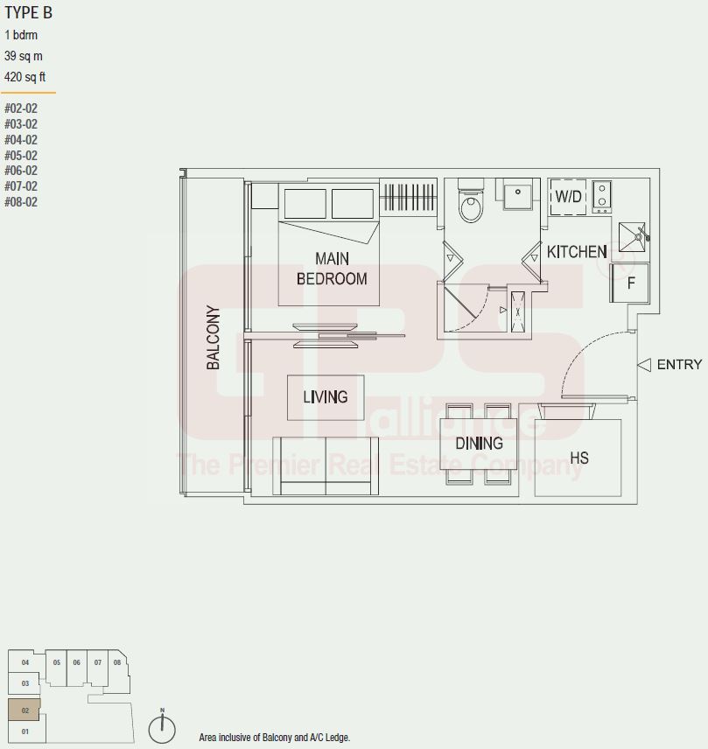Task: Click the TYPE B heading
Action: [28, 13]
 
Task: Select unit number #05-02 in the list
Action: [21, 155]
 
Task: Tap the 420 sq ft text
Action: [25, 76]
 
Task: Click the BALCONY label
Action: [213, 337]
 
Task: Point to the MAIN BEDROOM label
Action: [332, 269]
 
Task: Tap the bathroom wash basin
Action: [517, 193]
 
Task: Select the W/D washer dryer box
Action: [568, 196]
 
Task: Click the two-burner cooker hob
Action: [602, 196]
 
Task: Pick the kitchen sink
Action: [632, 237]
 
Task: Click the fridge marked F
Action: [630, 283]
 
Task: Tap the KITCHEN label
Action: [577, 252]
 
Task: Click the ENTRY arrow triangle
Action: [644, 365]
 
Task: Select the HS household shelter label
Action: [579, 458]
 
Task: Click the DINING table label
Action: [480, 444]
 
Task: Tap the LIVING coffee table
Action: [326, 397]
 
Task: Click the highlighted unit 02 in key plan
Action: [25, 710]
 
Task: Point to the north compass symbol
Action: [162, 729]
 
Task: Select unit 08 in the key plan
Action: [118, 662]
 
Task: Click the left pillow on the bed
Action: [305, 204]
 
